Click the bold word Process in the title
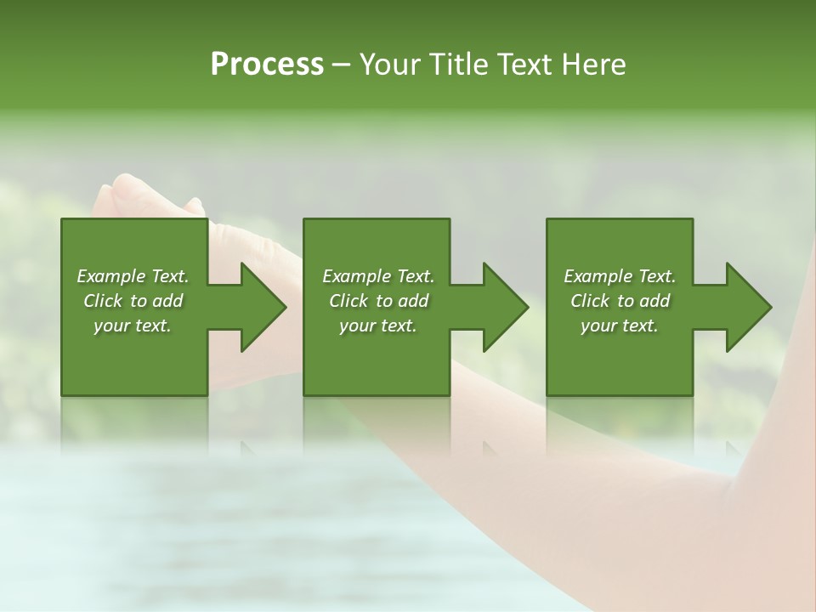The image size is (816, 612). click(x=267, y=65)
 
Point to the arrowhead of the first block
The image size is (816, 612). click(x=259, y=307)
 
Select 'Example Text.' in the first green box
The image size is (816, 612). click(x=133, y=276)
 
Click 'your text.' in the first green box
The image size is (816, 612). click(x=133, y=326)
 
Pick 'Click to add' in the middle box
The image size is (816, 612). click(x=378, y=301)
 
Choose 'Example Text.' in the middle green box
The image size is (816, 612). click(x=378, y=276)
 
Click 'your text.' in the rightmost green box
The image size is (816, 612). click(x=620, y=326)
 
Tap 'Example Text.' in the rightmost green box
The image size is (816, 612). click(x=620, y=276)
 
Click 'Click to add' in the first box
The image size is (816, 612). click(x=133, y=301)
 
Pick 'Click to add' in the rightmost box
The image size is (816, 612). click(x=620, y=301)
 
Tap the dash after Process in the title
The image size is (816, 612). click(x=341, y=65)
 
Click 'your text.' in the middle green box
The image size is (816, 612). click(x=378, y=326)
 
